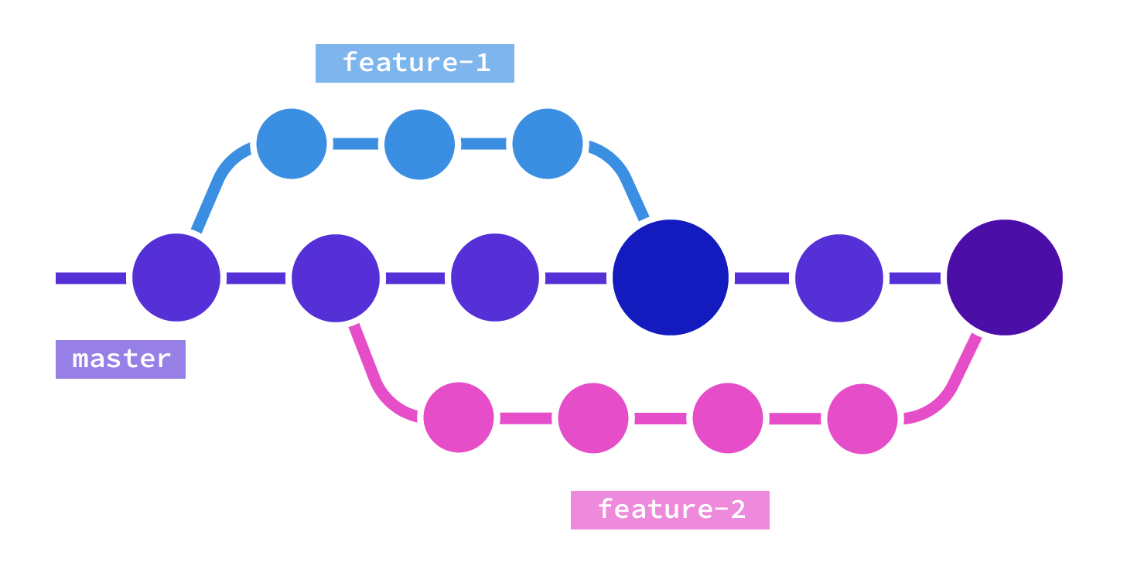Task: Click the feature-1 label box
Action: (415, 63)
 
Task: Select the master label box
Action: (121, 359)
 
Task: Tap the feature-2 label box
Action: (670, 510)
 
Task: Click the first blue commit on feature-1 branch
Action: (292, 144)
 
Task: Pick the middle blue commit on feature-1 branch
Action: (419, 144)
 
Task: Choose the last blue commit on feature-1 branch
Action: (548, 144)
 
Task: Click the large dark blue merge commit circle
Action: (671, 277)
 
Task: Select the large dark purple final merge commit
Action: (1004, 277)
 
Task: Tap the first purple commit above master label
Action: (176, 277)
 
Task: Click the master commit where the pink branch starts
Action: (336, 277)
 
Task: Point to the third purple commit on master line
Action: (495, 277)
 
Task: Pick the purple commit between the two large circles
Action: (839, 277)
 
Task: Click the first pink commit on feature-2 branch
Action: (459, 417)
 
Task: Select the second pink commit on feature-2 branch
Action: (593, 418)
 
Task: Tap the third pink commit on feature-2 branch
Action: (728, 418)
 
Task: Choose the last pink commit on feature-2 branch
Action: (862, 419)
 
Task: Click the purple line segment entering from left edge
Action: (90, 278)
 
